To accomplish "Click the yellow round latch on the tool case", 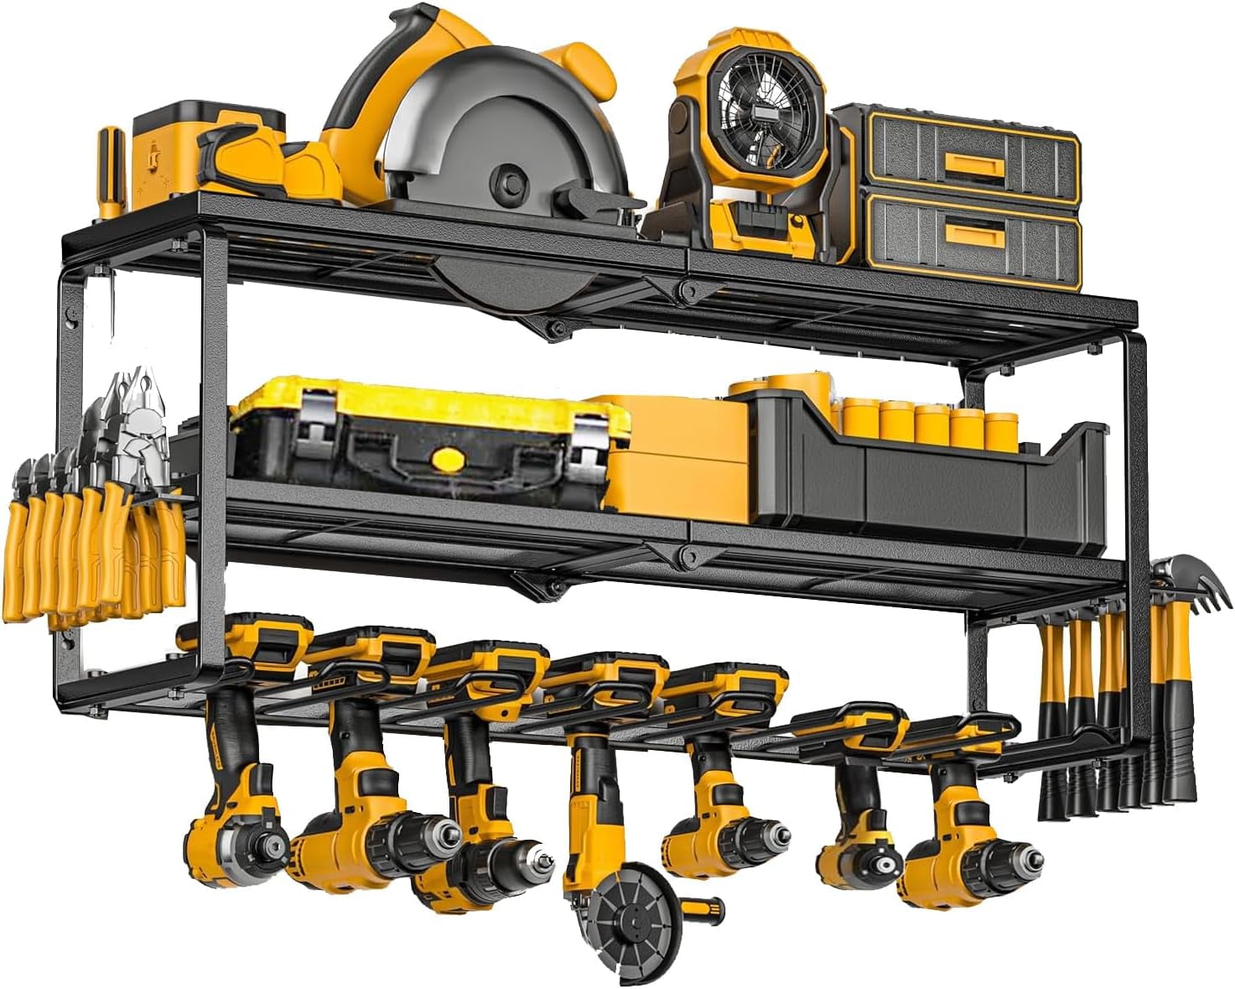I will coord(447,459).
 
